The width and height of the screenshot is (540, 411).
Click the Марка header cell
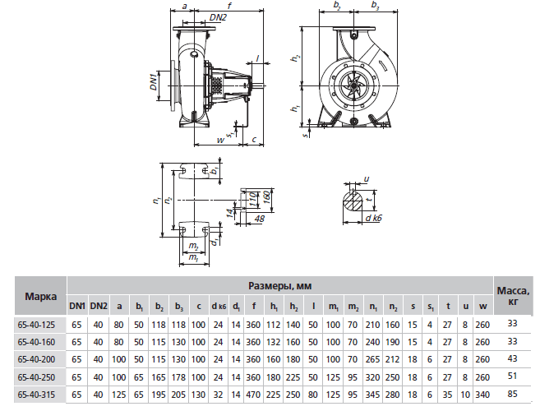pyautogui.click(x=40, y=295)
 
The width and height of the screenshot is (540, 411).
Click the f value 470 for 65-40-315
pyautogui.click(x=256, y=395)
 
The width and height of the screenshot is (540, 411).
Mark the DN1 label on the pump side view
pyautogui.click(x=155, y=81)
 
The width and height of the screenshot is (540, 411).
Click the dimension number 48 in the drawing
pyautogui.click(x=260, y=219)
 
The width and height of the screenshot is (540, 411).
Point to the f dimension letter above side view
pyautogui.click(x=228, y=6)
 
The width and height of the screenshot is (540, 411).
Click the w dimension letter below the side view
pyautogui.click(x=219, y=141)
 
